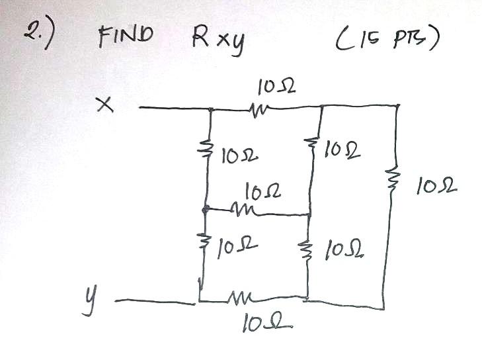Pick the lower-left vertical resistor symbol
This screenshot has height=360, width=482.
(204, 248)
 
